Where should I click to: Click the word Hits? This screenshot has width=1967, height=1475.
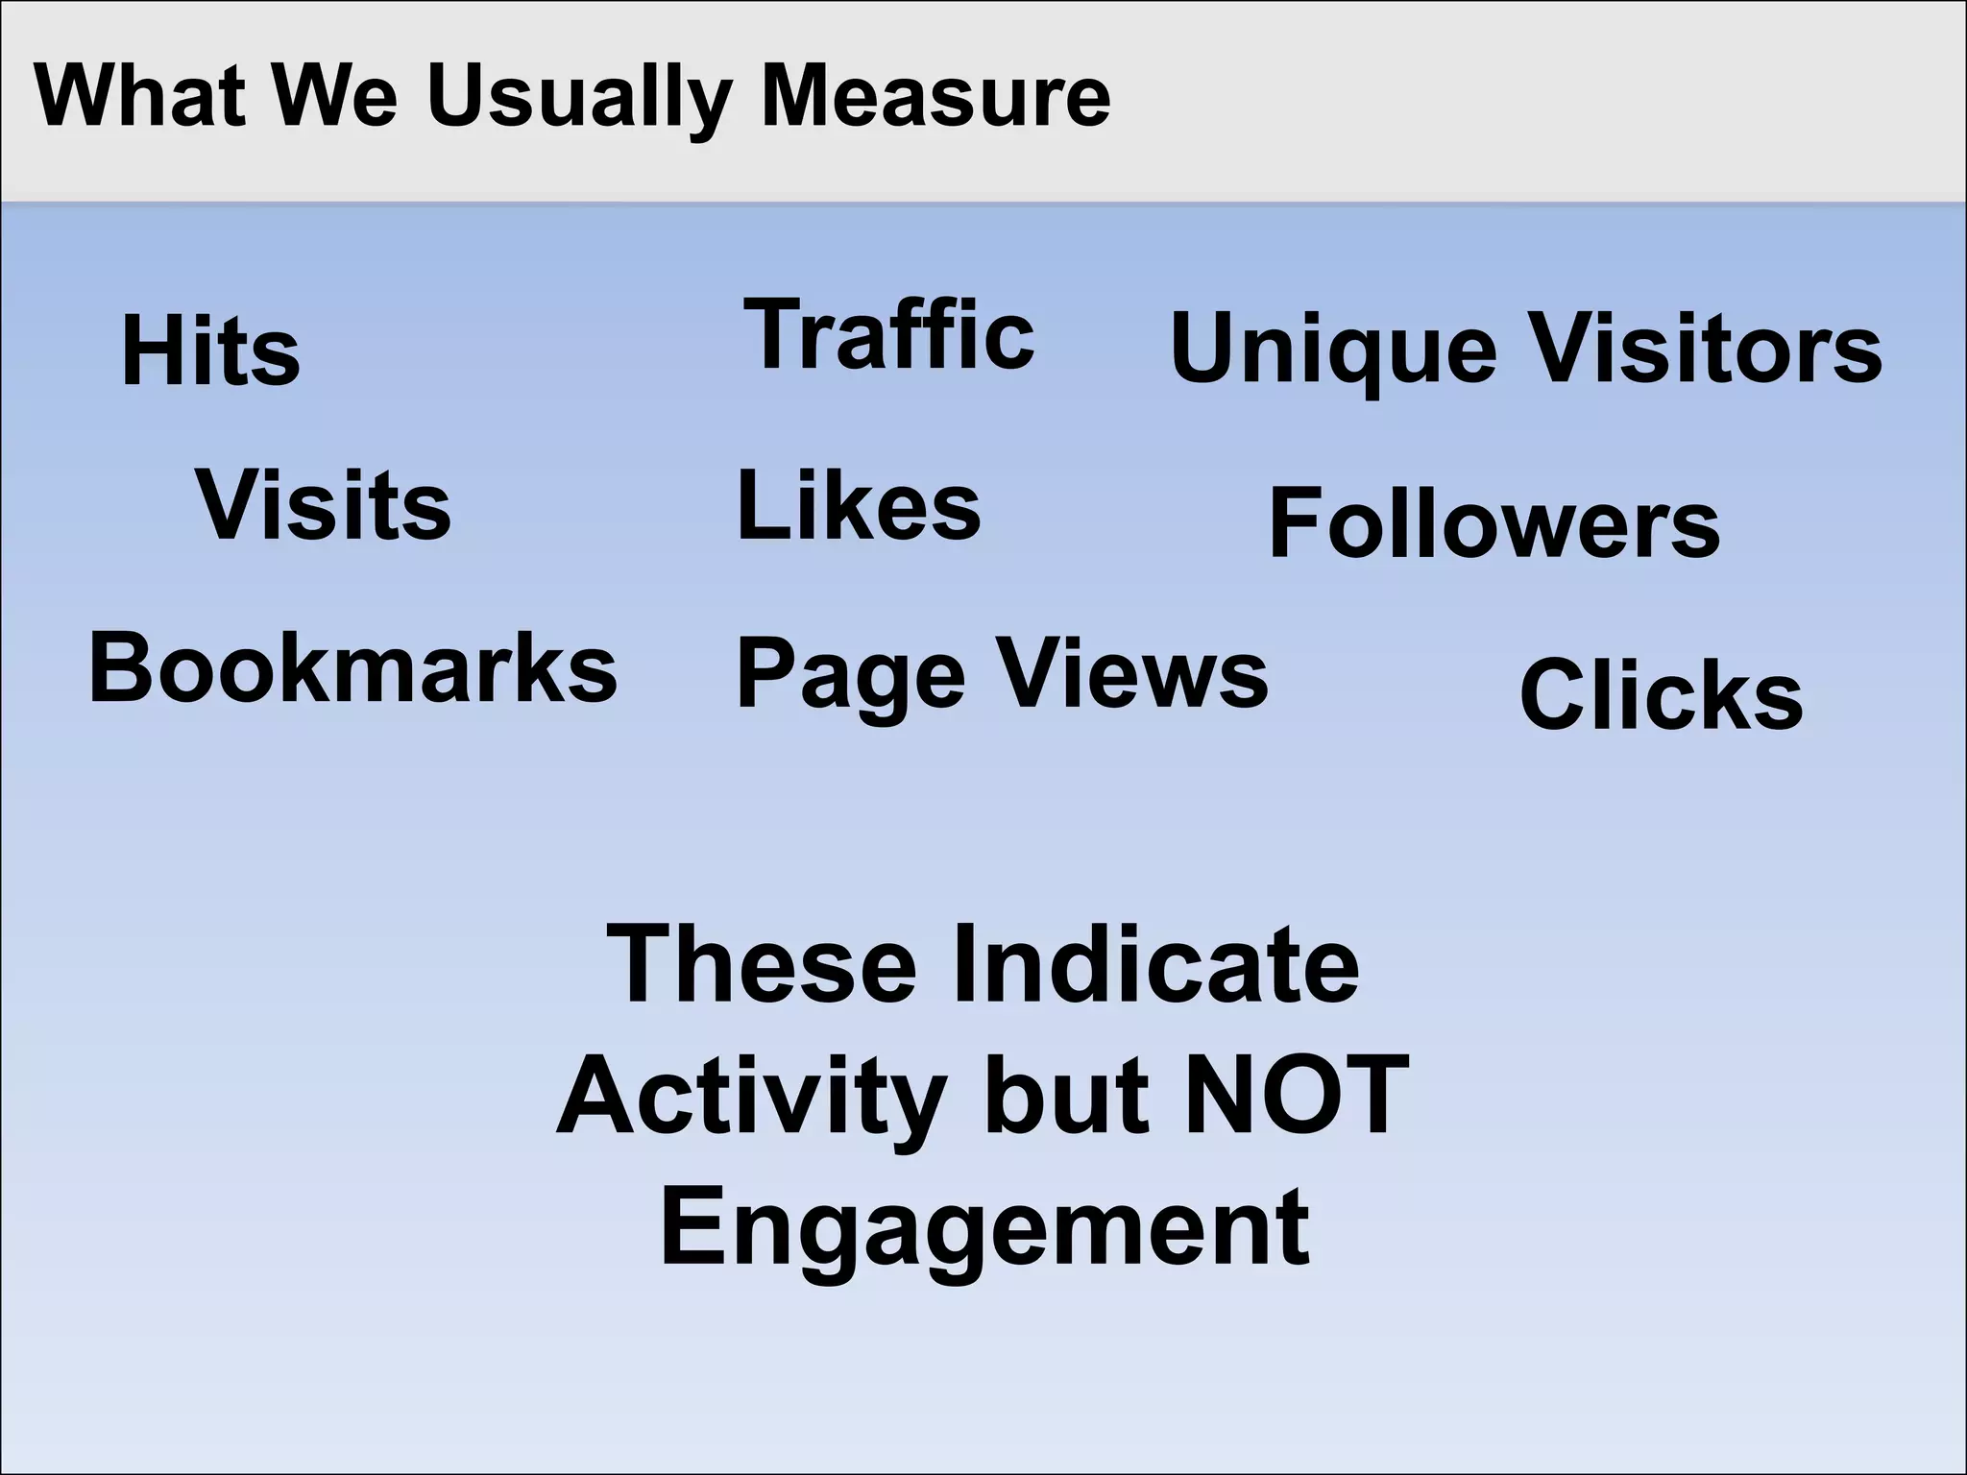tap(210, 352)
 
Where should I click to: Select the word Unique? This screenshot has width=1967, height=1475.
tap(1333, 351)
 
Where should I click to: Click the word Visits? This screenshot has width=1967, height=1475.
tap(324, 506)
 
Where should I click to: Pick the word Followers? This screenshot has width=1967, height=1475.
tap(1494, 524)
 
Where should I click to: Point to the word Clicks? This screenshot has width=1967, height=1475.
tap(1661, 695)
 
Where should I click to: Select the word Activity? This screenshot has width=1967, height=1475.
tap(752, 1098)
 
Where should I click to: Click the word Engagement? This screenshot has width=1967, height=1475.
tap(985, 1229)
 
